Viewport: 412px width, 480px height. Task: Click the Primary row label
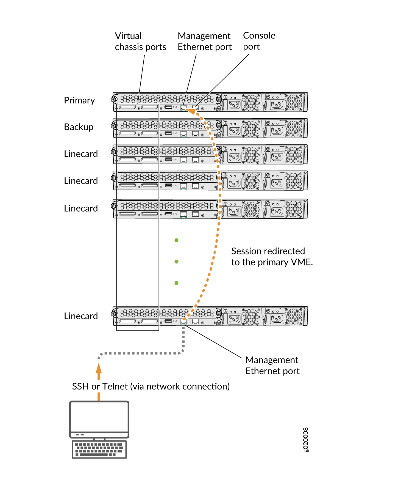(79, 100)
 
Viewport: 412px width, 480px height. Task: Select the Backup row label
(79, 127)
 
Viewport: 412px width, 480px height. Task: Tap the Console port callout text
(259, 41)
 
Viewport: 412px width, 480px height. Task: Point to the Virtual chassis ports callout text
(140, 41)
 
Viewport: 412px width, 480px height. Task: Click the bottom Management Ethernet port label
(272, 365)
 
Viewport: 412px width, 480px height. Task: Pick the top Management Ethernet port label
(205, 41)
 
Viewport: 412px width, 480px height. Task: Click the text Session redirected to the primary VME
(272, 256)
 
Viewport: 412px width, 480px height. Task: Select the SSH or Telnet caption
(151, 386)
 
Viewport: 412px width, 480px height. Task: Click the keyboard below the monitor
(99, 449)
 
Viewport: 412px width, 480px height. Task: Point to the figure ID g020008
(306, 440)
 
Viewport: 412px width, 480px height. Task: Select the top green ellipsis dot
(177, 240)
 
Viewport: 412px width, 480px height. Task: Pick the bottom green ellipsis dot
(177, 283)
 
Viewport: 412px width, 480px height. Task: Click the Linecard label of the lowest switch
(81, 316)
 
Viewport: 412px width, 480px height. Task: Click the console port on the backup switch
(195, 134)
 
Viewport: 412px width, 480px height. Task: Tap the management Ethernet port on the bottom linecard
(183, 321)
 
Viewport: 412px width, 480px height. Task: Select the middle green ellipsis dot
(177, 262)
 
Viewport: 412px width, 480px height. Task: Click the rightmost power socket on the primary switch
(277, 105)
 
